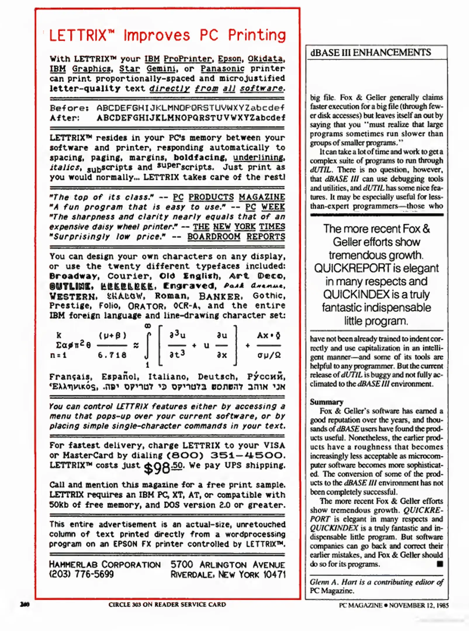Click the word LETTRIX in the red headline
tap(78, 35)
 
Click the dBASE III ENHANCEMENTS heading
tap(371, 53)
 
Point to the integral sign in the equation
tap(148, 345)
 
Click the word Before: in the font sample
tap(69, 108)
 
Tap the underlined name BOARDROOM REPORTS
tap(236, 237)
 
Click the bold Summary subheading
tap(326, 402)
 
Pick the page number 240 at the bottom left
tap(25, 604)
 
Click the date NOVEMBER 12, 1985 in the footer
tap(418, 605)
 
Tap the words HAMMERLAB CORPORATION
tap(105, 564)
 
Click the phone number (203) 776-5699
tap(81, 574)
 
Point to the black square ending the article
tap(439, 564)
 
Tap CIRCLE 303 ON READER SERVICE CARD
tap(167, 604)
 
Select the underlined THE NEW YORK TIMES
tap(239, 227)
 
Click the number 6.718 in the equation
tap(112, 355)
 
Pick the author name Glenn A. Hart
tap(333, 582)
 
